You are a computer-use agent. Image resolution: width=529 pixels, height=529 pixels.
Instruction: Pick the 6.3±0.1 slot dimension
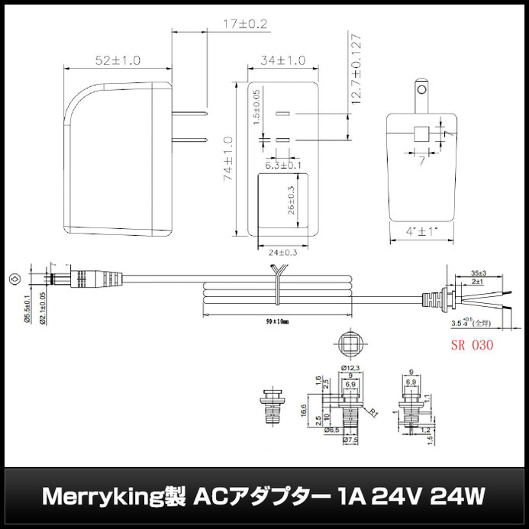282,164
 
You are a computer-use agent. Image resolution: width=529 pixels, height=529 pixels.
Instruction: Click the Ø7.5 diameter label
350,440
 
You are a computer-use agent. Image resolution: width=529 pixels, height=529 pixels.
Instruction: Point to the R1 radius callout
373,413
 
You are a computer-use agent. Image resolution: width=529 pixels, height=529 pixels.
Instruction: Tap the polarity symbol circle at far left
13,279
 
